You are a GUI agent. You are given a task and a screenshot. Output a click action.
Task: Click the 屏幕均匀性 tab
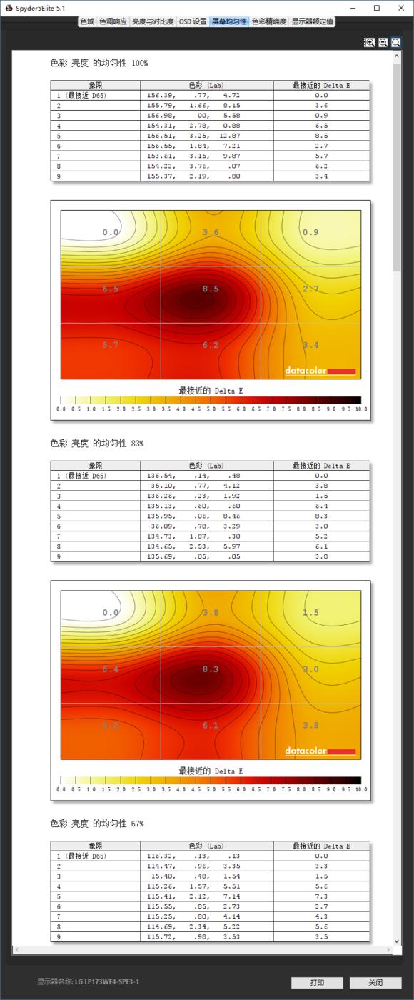tap(229, 21)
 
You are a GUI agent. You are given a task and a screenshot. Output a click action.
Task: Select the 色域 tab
tap(87, 21)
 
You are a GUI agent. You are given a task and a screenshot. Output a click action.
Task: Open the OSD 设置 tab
tap(193, 21)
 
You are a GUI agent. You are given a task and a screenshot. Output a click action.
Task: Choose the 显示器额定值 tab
tap(312, 21)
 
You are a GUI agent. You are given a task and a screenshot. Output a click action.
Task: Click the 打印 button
tap(317, 982)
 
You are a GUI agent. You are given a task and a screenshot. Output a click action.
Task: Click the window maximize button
tap(377, 8)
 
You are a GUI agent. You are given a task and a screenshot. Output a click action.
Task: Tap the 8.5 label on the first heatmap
tap(211, 289)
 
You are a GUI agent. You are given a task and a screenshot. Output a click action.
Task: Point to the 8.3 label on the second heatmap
tap(211, 669)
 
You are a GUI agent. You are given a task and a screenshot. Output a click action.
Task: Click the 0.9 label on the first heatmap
tap(310, 232)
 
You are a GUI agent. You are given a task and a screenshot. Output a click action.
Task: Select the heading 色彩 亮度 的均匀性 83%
tap(97, 443)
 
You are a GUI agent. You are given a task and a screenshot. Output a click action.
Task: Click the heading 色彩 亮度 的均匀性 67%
tap(97, 823)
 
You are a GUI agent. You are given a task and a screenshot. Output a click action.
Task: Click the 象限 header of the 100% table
tap(96, 85)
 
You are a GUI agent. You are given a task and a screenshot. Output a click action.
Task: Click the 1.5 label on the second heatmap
tap(310, 613)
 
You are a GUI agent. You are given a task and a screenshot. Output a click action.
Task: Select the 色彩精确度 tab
tap(269, 21)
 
